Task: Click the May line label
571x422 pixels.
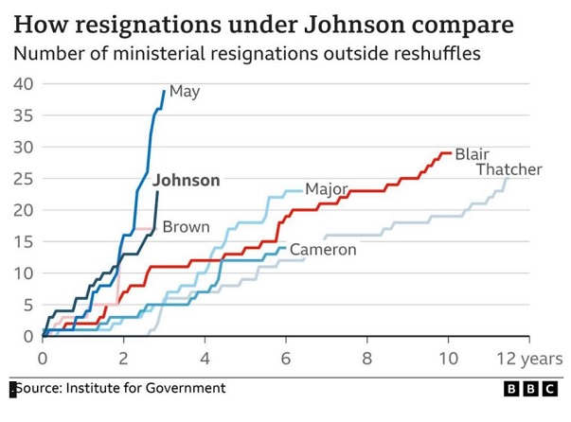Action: tap(184, 92)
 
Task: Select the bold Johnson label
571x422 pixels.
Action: tap(187, 180)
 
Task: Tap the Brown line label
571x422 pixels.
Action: tap(186, 227)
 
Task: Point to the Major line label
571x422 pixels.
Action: tap(327, 189)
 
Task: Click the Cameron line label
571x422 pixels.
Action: tap(322, 250)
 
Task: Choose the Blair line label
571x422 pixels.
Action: tap(472, 153)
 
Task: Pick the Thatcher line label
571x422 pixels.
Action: tap(509, 170)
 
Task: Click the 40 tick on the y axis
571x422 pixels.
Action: tap(23, 83)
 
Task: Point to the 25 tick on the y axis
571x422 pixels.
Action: tap(23, 179)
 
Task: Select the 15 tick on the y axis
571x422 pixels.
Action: tap(23, 241)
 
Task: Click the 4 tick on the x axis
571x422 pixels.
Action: tap(205, 359)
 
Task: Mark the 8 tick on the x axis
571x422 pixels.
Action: tap(367, 359)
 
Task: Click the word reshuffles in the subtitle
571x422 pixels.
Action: tap(433, 53)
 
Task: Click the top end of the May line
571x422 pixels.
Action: tap(164, 90)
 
